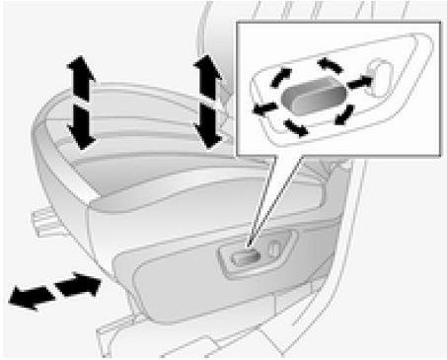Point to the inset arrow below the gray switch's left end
point(293,125)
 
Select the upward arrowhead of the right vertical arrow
point(207,68)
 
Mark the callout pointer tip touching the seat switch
point(250,247)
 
